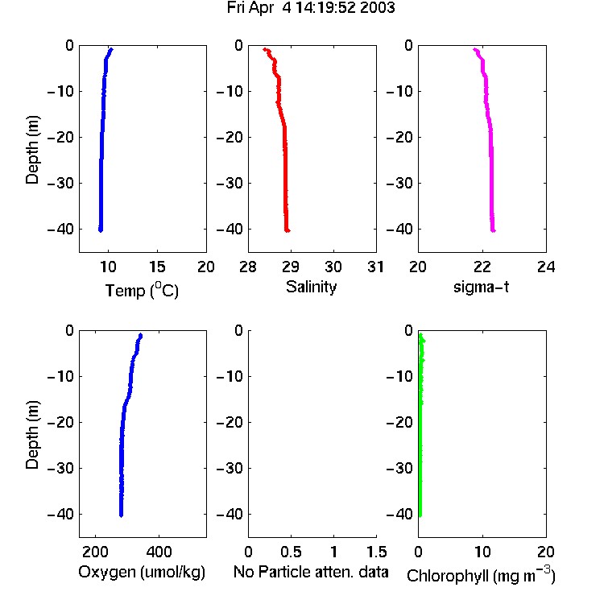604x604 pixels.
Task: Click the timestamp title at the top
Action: coord(311,8)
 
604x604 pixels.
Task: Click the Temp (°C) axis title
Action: coord(142,290)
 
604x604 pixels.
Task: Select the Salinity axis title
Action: coord(311,287)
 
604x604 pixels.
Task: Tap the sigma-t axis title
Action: coord(481,287)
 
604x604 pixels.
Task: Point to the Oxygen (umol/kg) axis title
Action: coord(142,572)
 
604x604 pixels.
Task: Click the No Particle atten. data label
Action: coord(311,572)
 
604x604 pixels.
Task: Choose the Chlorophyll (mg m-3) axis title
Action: coord(481,575)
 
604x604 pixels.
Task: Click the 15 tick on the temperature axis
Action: coord(157,267)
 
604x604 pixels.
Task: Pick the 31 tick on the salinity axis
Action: coord(375,267)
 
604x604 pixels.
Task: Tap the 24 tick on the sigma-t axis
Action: coord(546,267)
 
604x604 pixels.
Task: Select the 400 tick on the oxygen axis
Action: coord(159,552)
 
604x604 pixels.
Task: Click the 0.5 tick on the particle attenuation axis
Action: coord(291,552)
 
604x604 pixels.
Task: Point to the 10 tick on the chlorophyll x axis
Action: coord(482,552)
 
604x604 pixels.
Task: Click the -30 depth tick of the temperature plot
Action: coord(60,183)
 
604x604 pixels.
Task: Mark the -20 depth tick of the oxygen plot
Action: coord(60,422)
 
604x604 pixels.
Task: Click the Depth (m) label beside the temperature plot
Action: coord(32,150)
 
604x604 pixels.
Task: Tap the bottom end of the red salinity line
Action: coord(288,231)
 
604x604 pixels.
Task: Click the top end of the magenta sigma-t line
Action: coord(475,49)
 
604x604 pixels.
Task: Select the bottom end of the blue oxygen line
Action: coord(121,515)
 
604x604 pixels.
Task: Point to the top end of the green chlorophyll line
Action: coord(420,334)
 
